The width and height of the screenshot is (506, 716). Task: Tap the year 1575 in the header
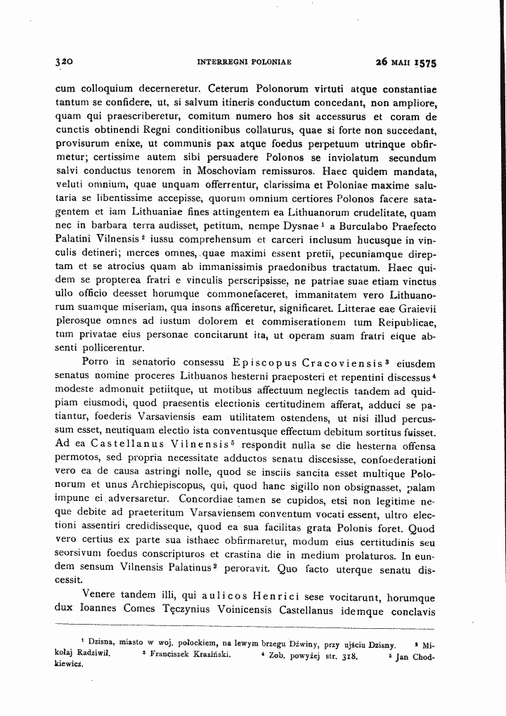click(424, 63)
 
